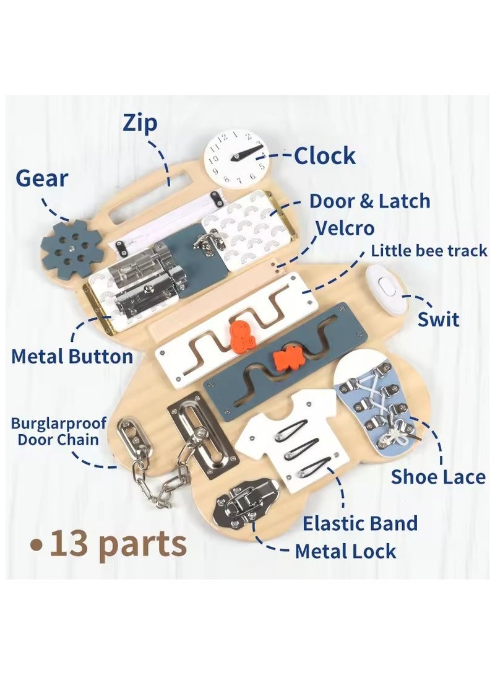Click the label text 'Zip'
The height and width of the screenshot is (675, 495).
[x=140, y=124]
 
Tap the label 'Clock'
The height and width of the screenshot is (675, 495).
[x=325, y=155]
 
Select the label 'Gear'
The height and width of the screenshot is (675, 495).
[x=42, y=178]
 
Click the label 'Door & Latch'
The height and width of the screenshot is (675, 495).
[x=370, y=201]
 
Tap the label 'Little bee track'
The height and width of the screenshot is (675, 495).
[x=429, y=251]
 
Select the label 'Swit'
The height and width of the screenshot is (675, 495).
[x=438, y=320]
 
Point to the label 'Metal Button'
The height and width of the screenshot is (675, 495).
[x=72, y=357]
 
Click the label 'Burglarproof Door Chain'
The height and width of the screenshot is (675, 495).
[x=59, y=432]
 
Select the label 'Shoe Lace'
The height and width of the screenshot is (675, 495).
[x=438, y=477]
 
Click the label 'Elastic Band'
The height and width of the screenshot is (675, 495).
[x=360, y=523]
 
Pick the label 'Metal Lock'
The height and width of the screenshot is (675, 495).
[x=345, y=551]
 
